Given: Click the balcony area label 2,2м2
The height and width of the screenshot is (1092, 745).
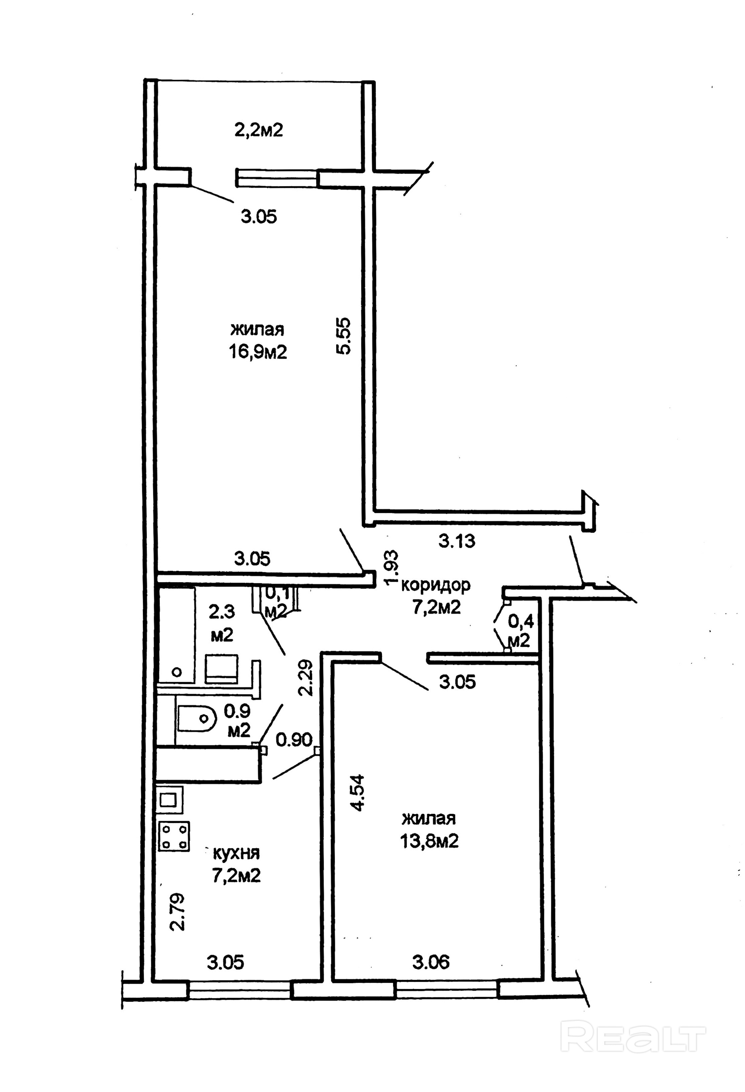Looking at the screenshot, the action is [259, 130].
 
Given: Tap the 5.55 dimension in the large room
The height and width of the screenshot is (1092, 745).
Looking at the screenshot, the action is [344, 336].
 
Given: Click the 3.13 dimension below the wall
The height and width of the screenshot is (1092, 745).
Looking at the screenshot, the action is [457, 541].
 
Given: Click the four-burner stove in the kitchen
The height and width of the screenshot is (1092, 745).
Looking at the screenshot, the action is [174, 836].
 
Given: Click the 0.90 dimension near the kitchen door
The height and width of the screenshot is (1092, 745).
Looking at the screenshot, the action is [294, 740].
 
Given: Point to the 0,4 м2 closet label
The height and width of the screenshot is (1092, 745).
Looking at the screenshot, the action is [520, 631].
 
